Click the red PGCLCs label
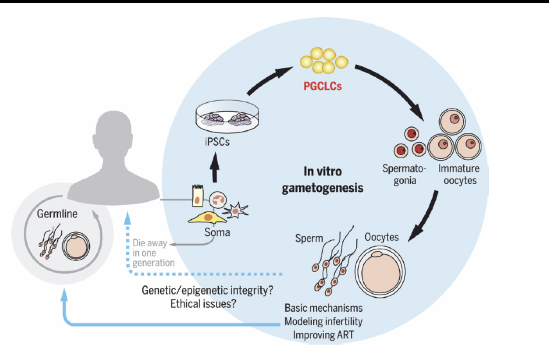(x=322, y=86)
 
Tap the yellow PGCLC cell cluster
(x=324, y=60)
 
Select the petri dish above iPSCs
(x=227, y=117)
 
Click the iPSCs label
(x=217, y=142)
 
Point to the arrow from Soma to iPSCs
(x=215, y=167)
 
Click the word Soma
(x=217, y=232)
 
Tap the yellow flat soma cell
(x=207, y=218)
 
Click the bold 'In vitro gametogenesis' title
(x=322, y=180)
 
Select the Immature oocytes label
(x=459, y=174)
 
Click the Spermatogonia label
(x=404, y=174)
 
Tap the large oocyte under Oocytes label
(x=380, y=272)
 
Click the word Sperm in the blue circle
(x=309, y=238)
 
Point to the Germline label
(x=57, y=214)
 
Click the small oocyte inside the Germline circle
(x=76, y=246)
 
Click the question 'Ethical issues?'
(x=203, y=304)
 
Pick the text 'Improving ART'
(x=323, y=335)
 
